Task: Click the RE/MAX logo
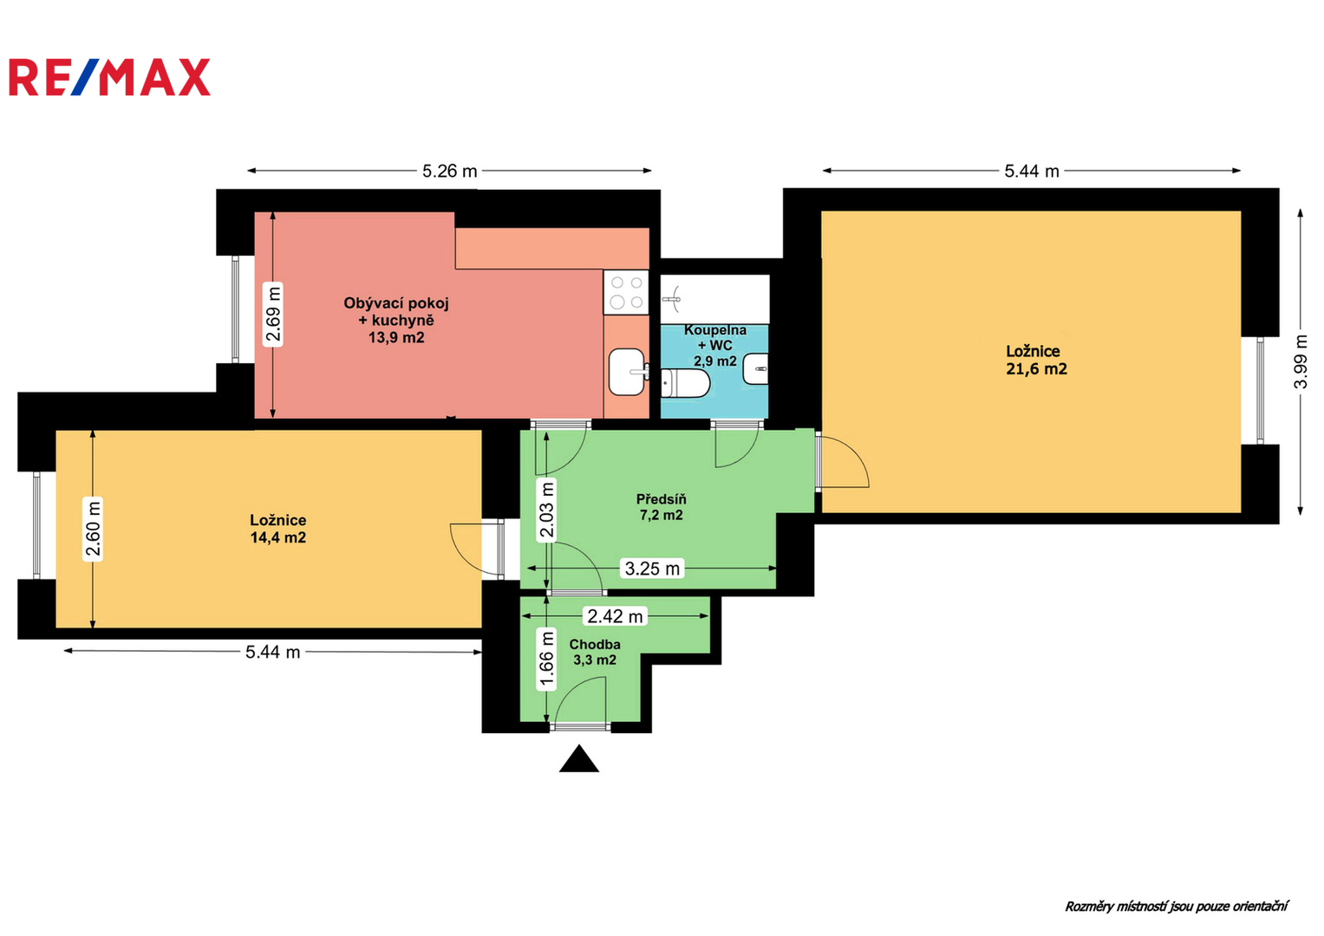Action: (110, 77)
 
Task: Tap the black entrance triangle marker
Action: (579, 758)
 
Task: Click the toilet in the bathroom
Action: (684, 383)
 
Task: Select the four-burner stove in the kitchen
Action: (626, 293)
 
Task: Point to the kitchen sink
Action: (628, 372)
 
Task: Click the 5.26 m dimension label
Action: (449, 172)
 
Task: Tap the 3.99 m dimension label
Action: (1301, 361)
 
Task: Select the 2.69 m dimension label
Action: (272, 314)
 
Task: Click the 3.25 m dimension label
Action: (653, 569)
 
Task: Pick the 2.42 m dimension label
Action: (615, 616)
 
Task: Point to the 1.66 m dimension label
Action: (547, 660)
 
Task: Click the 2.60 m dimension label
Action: (93, 529)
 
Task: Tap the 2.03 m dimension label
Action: (547, 510)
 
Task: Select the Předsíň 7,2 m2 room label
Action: (661, 507)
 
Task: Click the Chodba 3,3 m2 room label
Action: (595, 653)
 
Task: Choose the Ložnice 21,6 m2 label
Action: (1036, 360)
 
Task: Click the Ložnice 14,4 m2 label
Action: (277, 529)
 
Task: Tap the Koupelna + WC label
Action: (715, 338)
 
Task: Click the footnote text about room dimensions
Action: (1177, 907)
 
